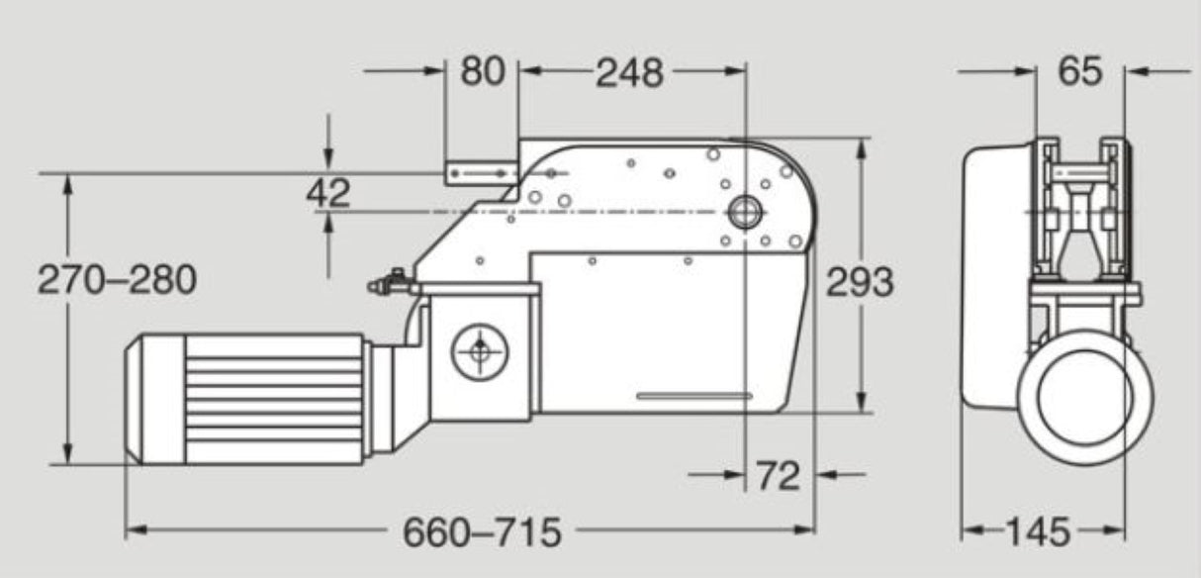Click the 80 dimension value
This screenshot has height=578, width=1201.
(x=482, y=71)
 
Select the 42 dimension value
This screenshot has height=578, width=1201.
(x=328, y=193)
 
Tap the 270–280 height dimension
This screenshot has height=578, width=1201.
(x=117, y=280)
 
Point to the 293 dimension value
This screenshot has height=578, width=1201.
(x=859, y=283)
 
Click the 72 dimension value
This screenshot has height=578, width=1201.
(x=777, y=476)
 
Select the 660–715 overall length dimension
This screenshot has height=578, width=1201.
(x=481, y=532)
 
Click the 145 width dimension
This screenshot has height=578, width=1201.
(x=1038, y=532)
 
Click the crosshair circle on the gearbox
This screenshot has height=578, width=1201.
(x=480, y=350)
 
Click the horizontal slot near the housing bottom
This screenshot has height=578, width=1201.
(x=693, y=396)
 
